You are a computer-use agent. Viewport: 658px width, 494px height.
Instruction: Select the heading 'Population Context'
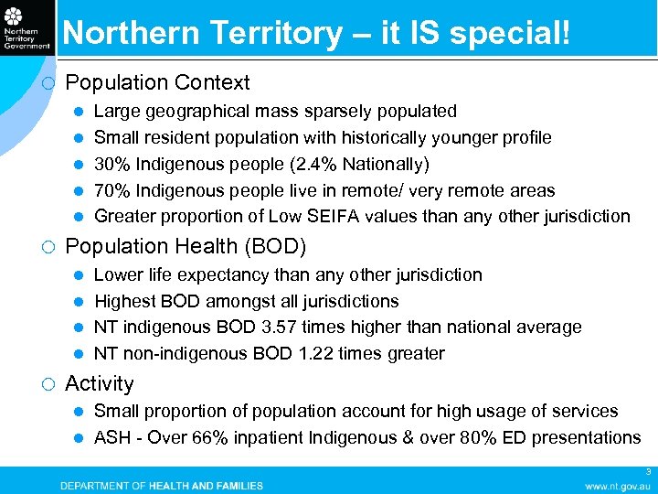click(157, 82)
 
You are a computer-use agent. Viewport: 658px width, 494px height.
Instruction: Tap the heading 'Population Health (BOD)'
click(186, 246)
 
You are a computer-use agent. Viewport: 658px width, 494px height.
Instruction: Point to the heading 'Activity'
click(100, 383)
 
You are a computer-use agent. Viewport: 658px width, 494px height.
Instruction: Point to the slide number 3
click(648, 472)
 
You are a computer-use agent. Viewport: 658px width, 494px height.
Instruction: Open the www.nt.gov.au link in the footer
click(618, 486)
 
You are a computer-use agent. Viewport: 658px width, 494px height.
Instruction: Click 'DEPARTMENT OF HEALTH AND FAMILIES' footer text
click(162, 486)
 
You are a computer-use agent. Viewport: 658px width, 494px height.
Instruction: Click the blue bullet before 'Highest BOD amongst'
click(80, 301)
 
